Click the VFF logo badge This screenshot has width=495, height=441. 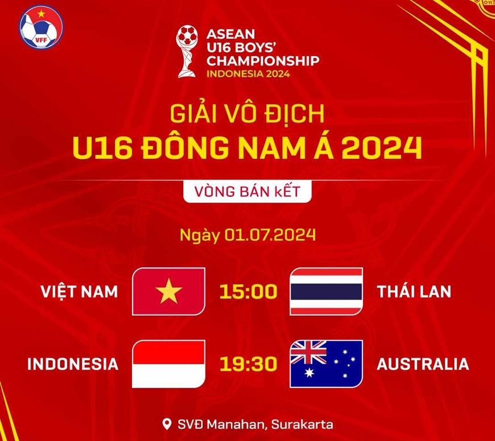pyautogui.click(x=41, y=27)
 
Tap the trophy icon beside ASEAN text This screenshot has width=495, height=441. pyautogui.click(x=187, y=51)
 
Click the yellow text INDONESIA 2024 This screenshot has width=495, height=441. pyautogui.click(x=248, y=74)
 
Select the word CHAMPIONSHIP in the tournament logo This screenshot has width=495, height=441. pyautogui.click(x=263, y=61)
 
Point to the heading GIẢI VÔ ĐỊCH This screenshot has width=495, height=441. pyautogui.click(x=247, y=114)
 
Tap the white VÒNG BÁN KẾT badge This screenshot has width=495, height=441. pyautogui.click(x=247, y=192)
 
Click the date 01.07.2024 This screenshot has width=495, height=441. pyautogui.click(x=270, y=235)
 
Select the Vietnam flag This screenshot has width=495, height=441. pyautogui.click(x=168, y=291)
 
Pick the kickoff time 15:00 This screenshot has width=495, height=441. pyautogui.click(x=249, y=291)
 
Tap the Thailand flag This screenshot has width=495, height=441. pyautogui.click(x=326, y=291)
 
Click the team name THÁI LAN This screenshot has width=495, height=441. pyautogui.click(x=414, y=291)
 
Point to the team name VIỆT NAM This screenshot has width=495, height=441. pyautogui.click(x=79, y=291)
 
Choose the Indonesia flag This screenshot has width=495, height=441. pyautogui.click(x=168, y=364)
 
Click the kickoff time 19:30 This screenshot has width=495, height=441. pyautogui.click(x=249, y=364)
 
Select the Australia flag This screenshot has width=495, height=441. pyautogui.click(x=326, y=364)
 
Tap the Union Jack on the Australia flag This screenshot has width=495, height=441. pyautogui.click(x=308, y=352)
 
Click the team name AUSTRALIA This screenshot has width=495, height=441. pyautogui.click(x=423, y=364)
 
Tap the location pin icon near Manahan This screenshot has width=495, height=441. pyautogui.click(x=167, y=424)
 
